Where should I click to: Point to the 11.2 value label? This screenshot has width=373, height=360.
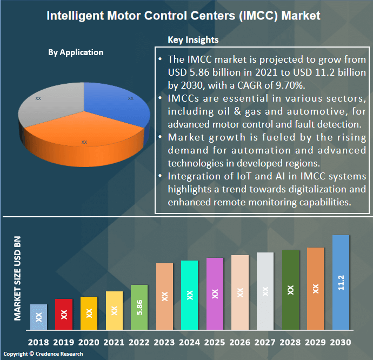tap(341, 283)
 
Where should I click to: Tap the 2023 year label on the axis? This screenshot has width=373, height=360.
tap(164, 343)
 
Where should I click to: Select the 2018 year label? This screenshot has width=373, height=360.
tap(38, 343)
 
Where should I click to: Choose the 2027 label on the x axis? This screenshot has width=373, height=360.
tap(265, 343)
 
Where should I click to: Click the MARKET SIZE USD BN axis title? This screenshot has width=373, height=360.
tap(18, 279)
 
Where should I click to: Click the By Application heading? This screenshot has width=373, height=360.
tap(76, 52)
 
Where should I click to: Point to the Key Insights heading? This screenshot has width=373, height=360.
tap(193, 39)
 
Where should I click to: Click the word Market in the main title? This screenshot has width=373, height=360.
tap(298, 15)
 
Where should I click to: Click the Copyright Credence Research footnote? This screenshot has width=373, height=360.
tap(43, 354)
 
